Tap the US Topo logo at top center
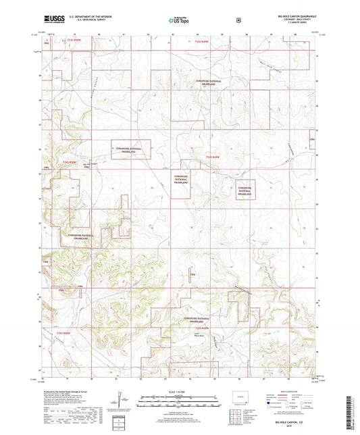(x=179, y=21)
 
